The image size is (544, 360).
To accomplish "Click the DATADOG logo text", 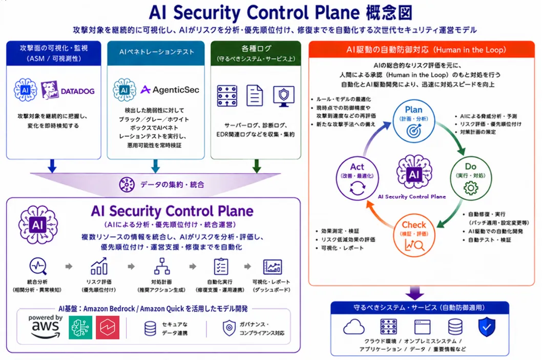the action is (x=78, y=91).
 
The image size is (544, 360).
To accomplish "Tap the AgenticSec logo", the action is (x=170, y=90).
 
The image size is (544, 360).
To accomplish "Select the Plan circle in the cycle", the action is (x=413, y=121).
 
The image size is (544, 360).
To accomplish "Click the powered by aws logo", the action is (x=46, y=326).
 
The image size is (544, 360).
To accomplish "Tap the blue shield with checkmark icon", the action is (x=487, y=327).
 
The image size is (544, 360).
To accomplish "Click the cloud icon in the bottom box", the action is (x=353, y=327).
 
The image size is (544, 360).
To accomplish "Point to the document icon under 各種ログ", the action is (x=255, y=95).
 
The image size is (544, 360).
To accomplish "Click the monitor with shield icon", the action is (x=284, y=96).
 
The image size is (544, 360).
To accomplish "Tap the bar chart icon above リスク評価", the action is (x=99, y=266).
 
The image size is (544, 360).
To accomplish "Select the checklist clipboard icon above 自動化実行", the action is (x=221, y=266).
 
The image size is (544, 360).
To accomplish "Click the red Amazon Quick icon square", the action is (x=108, y=327).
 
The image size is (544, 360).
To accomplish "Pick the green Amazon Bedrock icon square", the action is (x=80, y=327).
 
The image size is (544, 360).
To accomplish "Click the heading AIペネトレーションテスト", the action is (x=156, y=52).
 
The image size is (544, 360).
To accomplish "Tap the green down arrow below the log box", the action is (x=257, y=166).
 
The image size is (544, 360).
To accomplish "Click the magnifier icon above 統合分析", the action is (x=38, y=266).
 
